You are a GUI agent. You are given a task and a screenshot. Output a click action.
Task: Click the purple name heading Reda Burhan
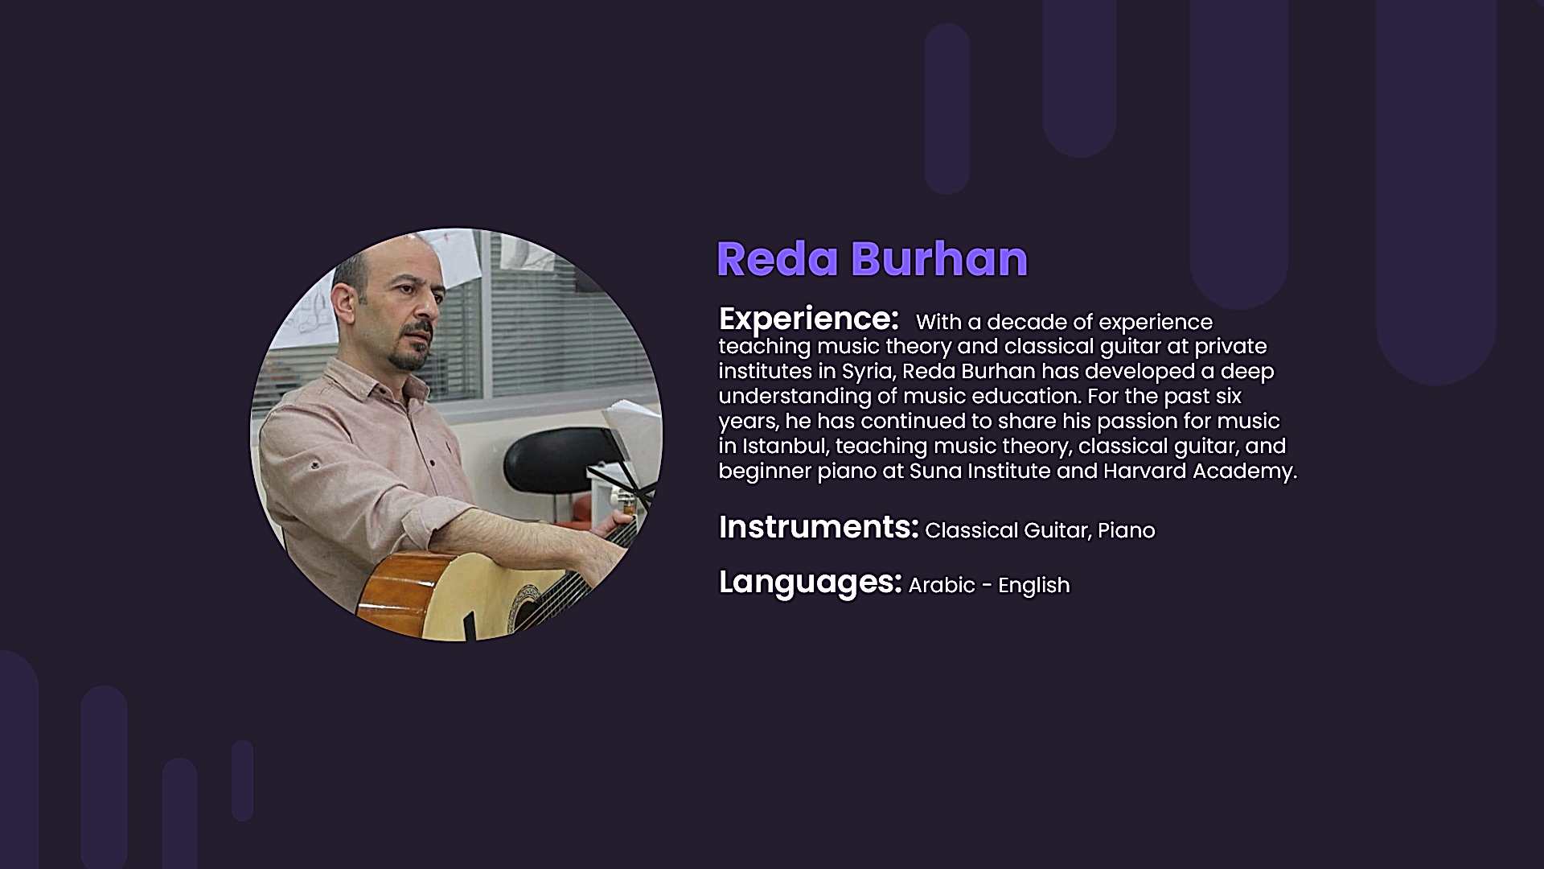pos(872,259)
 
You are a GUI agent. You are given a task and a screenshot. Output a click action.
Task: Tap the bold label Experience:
pos(808,319)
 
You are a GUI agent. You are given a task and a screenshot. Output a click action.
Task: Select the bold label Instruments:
pos(819,527)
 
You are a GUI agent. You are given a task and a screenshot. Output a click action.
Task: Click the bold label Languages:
pos(811,582)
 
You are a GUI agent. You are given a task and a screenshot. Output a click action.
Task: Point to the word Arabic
pos(942,585)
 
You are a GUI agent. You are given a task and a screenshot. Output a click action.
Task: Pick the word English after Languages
pos(1034,586)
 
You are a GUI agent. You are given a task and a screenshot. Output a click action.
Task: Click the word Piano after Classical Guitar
pos(1126,530)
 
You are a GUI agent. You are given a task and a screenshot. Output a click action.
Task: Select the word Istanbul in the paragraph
pos(785,446)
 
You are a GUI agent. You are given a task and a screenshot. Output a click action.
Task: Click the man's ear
pos(344,303)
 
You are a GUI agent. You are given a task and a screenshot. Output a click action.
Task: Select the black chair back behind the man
pos(555,459)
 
